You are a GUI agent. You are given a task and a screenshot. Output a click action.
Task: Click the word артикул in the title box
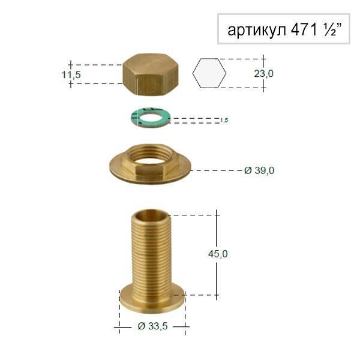[x=254, y=30]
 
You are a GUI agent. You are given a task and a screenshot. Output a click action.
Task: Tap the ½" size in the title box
[x=331, y=30]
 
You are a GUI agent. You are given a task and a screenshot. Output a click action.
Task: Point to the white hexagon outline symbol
[x=209, y=74]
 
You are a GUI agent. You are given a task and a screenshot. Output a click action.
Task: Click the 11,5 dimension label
[x=71, y=74]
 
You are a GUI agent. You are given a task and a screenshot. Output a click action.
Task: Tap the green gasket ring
[x=150, y=118]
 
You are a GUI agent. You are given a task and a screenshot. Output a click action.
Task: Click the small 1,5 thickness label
[x=224, y=121]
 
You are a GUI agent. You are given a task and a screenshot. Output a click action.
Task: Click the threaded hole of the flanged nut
[x=151, y=157]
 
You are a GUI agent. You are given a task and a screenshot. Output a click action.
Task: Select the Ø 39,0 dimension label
[x=259, y=170]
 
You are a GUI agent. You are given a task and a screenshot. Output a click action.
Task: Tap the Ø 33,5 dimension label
[x=151, y=326]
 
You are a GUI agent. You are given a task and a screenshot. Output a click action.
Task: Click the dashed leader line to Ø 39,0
[x=216, y=170]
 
